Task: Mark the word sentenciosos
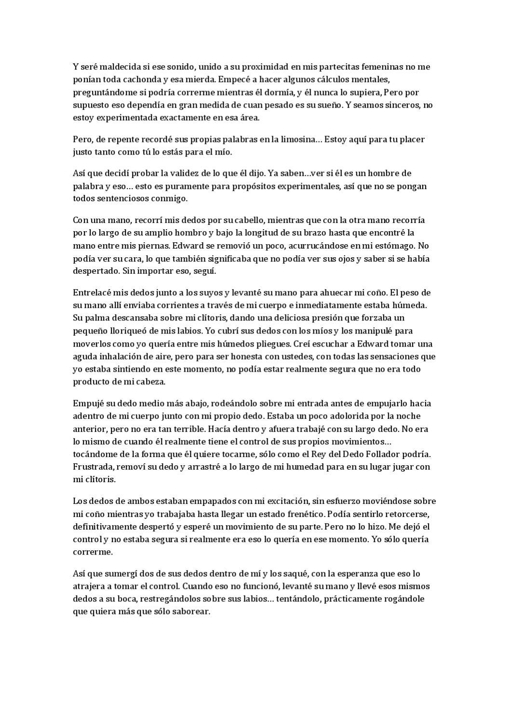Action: click(127, 198)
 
